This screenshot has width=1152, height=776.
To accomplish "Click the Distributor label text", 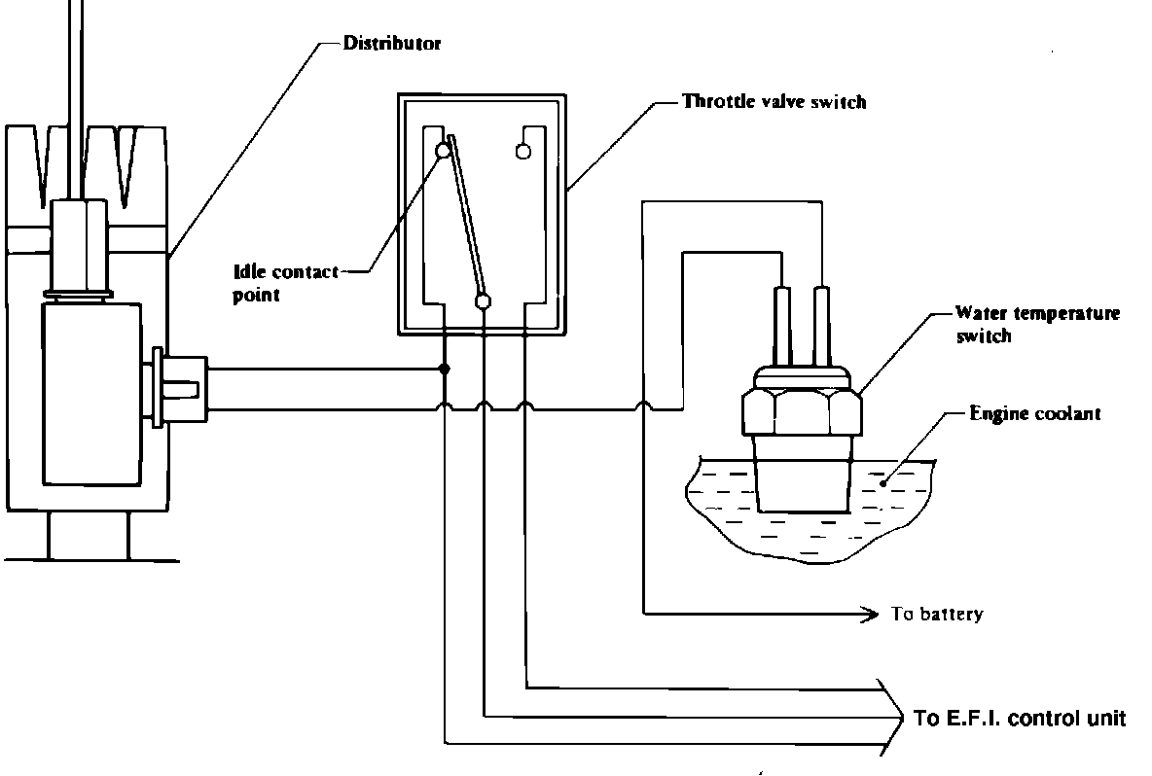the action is pyautogui.click(x=391, y=43).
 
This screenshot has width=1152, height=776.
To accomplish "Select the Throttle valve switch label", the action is pyautogui.click(x=774, y=101).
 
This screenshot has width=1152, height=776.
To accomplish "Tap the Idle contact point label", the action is pyautogui.click(x=286, y=283).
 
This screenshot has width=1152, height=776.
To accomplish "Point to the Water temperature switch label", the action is pyautogui.click(x=1037, y=325).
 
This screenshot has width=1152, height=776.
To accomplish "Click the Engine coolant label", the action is pyautogui.click(x=1035, y=413).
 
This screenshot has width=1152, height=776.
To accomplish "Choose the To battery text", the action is pyautogui.click(x=937, y=614).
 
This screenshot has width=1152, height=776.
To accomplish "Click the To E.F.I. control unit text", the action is pyautogui.click(x=1020, y=718).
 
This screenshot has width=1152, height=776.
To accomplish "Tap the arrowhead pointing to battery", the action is pyautogui.click(x=871, y=613).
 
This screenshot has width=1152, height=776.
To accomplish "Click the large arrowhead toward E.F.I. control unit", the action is pyautogui.click(x=892, y=717).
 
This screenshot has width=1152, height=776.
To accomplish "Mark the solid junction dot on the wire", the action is pyautogui.click(x=445, y=369).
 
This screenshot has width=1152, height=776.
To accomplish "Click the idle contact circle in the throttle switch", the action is pyautogui.click(x=443, y=152).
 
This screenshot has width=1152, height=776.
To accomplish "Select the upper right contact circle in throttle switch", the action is pyautogui.click(x=523, y=152).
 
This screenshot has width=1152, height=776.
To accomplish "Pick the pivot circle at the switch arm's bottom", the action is pyautogui.click(x=483, y=301).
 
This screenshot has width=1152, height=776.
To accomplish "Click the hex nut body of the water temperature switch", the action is pyautogui.click(x=802, y=412).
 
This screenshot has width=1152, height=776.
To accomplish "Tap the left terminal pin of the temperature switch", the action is pyautogui.click(x=781, y=328).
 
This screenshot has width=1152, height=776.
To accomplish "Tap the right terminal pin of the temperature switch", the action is pyautogui.click(x=822, y=328).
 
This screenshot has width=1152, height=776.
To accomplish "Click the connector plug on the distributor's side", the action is pyautogui.click(x=180, y=388).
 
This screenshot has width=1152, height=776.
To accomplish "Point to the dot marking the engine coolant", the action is pyautogui.click(x=883, y=484).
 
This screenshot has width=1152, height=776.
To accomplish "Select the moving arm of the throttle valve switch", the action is pyautogui.click(x=466, y=217).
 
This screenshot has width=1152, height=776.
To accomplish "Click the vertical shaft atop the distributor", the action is pyautogui.click(x=75, y=99).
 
